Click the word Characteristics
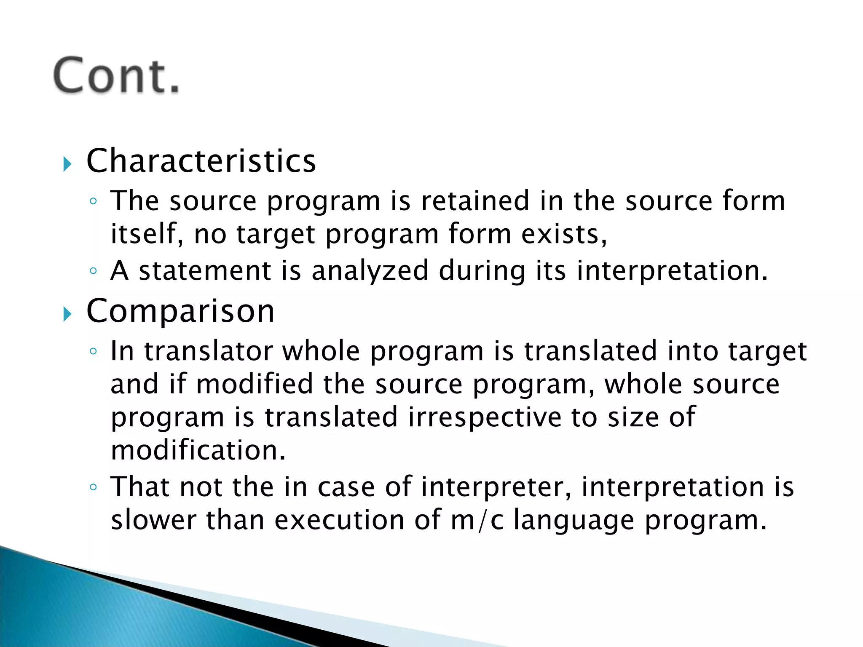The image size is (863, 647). pos(201,161)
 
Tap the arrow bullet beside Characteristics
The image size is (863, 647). pos(67,163)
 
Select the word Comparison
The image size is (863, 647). pos(180,311)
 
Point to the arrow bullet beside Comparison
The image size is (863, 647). pos(67,313)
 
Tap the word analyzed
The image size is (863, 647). pos(370,270)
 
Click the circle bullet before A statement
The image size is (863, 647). pos(94,270)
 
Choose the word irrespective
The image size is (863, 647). pos(485,417)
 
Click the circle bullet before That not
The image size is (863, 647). pos(94,487)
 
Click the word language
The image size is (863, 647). pos(574,521)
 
